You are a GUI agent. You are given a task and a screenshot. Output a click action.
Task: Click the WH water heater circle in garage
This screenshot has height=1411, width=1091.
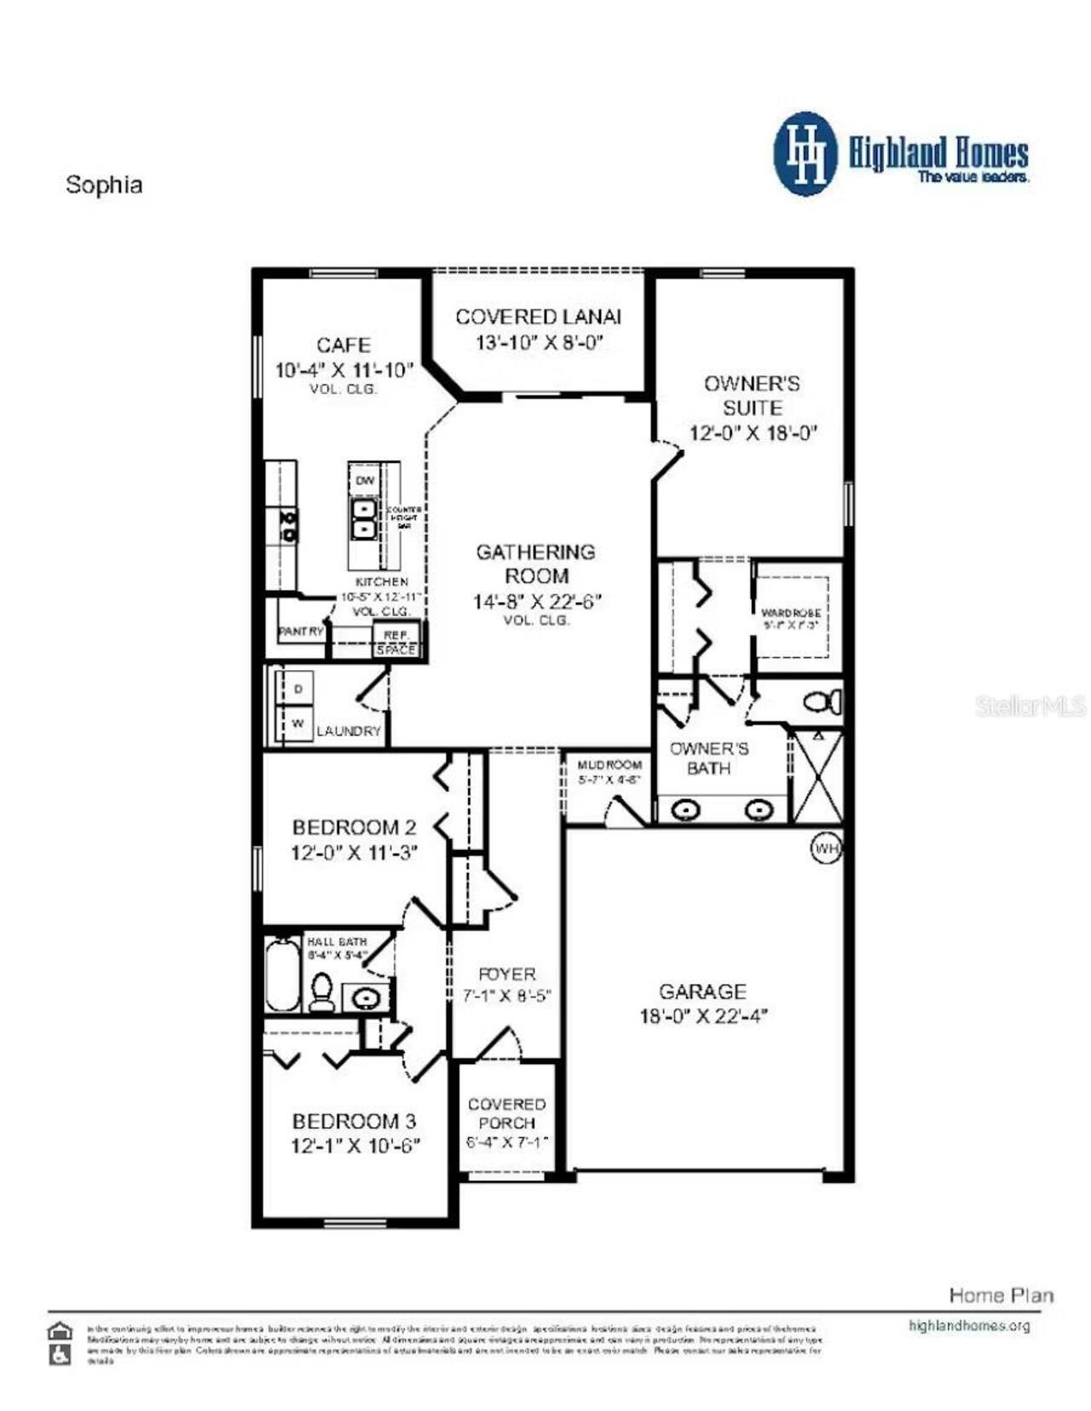tap(825, 848)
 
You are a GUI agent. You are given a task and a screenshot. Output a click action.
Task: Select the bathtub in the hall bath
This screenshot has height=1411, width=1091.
tap(282, 974)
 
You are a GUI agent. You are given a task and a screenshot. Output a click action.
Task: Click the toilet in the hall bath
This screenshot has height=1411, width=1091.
tap(321, 991)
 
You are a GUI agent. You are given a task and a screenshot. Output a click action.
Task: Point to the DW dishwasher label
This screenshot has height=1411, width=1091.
tap(365, 481)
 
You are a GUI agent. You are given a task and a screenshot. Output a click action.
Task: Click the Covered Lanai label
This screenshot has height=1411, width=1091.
tap(538, 317)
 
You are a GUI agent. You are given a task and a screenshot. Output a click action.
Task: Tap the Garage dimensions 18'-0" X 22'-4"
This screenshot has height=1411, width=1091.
tap(703, 1016)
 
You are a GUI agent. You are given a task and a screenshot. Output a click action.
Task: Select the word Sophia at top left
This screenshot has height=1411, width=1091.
tap(104, 185)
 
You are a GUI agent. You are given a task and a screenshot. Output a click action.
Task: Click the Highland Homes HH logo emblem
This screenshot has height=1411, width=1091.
tap(805, 153)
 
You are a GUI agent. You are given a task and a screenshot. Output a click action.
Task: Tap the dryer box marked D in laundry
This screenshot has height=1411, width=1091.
tap(297, 688)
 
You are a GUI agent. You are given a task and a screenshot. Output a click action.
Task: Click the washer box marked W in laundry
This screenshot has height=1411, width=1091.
tap(297, 723)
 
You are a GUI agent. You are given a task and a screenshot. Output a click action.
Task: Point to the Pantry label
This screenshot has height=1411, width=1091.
tap(301, 632)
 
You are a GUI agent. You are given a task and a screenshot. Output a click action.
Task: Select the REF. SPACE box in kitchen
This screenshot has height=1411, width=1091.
tap(396, 642)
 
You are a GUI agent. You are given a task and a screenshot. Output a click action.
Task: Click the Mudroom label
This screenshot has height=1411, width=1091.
tap(609, 765)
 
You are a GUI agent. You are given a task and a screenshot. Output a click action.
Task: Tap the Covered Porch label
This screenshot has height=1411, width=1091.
tap(506, 1113)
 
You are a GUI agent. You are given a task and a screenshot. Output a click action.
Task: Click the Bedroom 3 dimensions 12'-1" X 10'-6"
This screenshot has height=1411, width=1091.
tap(355, 1146)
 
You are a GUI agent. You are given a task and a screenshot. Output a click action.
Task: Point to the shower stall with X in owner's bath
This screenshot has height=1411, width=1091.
tap(817, 777)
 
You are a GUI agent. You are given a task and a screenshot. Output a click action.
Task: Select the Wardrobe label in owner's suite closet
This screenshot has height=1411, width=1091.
tap(791, 613)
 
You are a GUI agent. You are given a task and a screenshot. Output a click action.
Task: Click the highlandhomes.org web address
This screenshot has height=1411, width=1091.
tap(969, 1326)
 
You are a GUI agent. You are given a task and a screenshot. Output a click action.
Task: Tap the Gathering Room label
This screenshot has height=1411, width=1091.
tap(536, 564)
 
